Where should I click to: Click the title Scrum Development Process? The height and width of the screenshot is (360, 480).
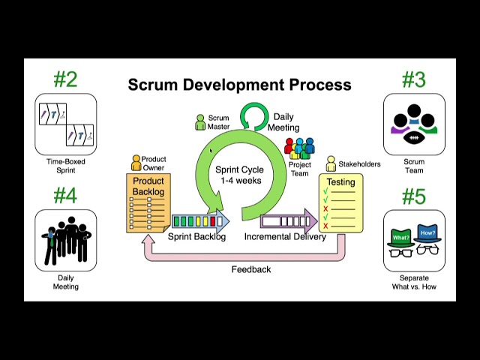239,85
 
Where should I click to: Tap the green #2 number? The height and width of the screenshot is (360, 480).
65,79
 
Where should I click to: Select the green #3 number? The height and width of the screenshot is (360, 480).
413,79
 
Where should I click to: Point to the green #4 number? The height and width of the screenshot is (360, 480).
65,196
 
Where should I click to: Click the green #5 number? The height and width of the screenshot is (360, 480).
413,196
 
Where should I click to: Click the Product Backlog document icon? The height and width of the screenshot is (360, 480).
148,203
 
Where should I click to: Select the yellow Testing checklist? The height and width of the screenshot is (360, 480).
340,203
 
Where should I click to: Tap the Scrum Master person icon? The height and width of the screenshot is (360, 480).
200,122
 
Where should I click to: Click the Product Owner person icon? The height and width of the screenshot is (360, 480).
136,163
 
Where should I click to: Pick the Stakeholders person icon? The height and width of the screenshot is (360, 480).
331,163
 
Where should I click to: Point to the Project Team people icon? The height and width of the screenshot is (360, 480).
299,147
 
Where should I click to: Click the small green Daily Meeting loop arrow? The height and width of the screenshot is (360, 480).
254,117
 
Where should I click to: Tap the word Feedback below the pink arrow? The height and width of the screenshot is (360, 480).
250,269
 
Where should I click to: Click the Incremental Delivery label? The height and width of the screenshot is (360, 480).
285,237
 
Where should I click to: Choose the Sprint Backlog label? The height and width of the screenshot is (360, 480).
196,237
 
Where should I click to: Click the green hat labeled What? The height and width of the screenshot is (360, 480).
400,238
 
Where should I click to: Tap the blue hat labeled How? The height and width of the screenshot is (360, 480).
427,234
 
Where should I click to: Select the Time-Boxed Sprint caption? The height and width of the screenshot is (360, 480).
65,166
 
